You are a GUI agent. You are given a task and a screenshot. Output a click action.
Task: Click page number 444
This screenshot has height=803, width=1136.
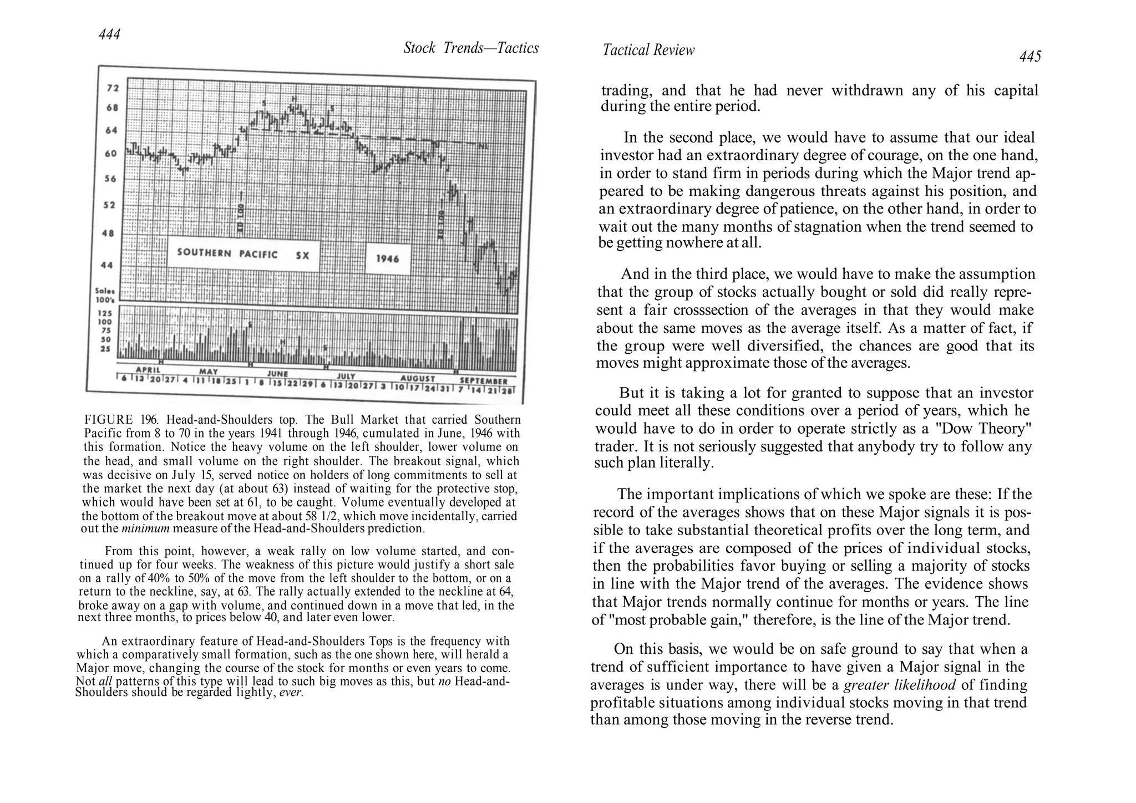click(x=110, y=34)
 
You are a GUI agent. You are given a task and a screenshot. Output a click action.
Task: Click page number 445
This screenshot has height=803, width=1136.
click(x=1030, y=57)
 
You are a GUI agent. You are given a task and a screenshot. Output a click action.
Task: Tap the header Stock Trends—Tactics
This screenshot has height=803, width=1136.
click(x=471, y=48)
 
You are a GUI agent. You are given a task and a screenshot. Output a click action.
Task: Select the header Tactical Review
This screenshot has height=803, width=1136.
click(x=648, y=50)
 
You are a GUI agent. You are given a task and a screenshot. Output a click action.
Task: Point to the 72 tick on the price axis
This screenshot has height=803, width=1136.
click(x=113, y=88)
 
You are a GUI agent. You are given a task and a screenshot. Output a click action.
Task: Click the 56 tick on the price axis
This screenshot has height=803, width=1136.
click(x=110, y=179)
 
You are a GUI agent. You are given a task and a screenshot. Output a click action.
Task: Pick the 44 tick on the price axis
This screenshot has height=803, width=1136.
click(x=106, y=265)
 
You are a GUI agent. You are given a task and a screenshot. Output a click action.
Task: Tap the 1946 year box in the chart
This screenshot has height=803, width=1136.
click(x=387, y=258)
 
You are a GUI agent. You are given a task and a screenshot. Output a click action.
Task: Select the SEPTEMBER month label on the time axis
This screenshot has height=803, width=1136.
click(x=483, y=382)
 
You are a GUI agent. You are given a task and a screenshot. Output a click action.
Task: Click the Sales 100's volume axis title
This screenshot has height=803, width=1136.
click(x=104, y=294)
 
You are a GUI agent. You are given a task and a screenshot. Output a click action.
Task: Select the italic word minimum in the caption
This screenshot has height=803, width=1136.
click(x=145, y=528)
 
